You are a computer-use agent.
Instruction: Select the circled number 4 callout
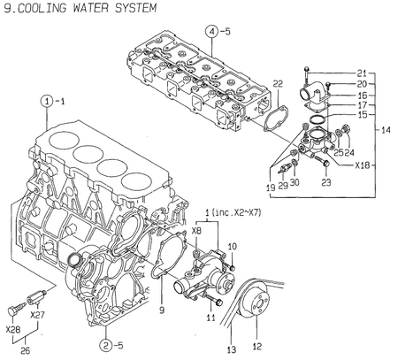point(212,34)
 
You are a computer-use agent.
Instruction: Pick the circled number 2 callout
point(106,344)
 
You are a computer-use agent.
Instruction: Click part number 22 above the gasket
point(277,85)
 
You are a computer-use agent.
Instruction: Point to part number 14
point(386,131)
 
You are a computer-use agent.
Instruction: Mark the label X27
point(36,313)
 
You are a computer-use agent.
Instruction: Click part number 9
point(162,310)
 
